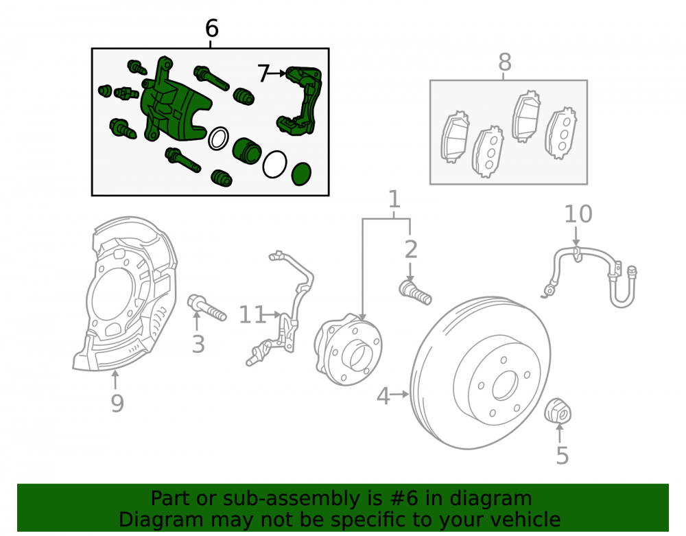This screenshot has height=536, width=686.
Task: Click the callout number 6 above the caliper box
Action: [212, 29]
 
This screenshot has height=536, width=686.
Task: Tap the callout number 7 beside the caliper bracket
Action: [263, 73]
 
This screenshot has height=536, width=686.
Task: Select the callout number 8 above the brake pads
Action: [505, 62]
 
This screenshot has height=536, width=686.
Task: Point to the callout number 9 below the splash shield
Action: [117, 403]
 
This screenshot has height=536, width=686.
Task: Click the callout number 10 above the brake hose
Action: [578, 214]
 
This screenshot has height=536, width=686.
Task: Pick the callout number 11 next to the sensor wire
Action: [252, 314]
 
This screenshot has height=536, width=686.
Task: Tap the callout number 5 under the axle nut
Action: [563, 455]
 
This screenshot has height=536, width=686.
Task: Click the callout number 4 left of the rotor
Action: [383, 396]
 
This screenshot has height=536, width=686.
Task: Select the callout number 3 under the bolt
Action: [198, 344]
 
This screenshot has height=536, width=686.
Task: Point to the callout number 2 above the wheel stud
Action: [411, 249]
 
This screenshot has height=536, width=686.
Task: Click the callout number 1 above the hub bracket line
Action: [394, 199]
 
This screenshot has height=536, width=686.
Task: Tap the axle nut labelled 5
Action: [558, 410]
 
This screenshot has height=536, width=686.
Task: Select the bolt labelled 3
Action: [206, 307]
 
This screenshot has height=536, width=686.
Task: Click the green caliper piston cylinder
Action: [247, 151]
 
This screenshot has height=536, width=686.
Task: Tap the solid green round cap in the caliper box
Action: [301, 174]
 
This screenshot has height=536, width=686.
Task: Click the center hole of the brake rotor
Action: [506, 386]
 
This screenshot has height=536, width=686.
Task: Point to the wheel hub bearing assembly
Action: [348, 349]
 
